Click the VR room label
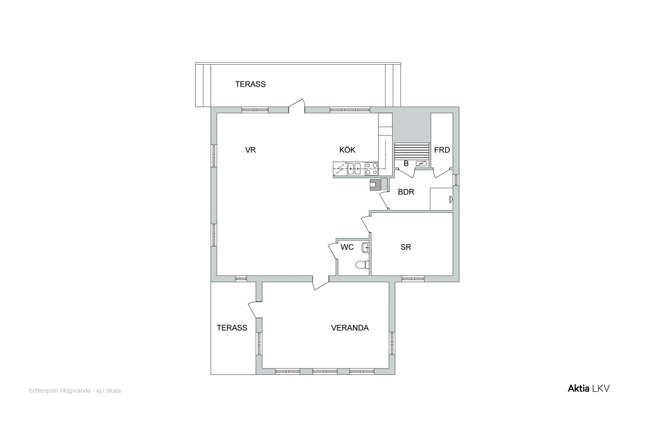(x=250, y=150)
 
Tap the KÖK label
(x=347, y=149)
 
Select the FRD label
(x=442, y=150)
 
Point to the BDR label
(x=406, y=192)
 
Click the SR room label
(x=406, y=247)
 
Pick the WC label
(x=347, y=247)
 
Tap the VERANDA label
(x=350, y=328)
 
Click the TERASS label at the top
(x=250, y=84)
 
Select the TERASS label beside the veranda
(x=232, y=328)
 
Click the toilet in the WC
(x=362, y=265)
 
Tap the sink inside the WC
(x=365, y=248)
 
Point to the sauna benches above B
(x=412, y=152)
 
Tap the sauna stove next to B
(x=421, y=163)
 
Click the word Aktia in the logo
(x=578, y=389)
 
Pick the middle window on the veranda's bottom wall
(x=325, y=372)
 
